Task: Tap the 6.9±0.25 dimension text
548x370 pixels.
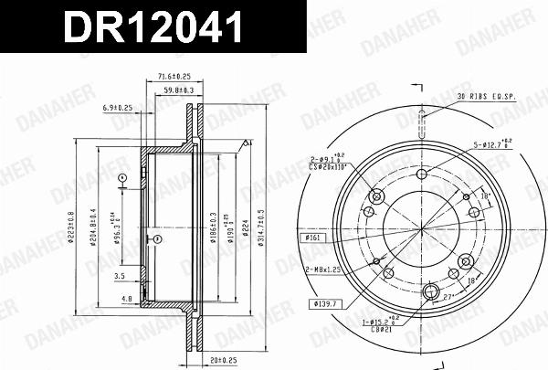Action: pyautogui.click(x=119, y=108)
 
